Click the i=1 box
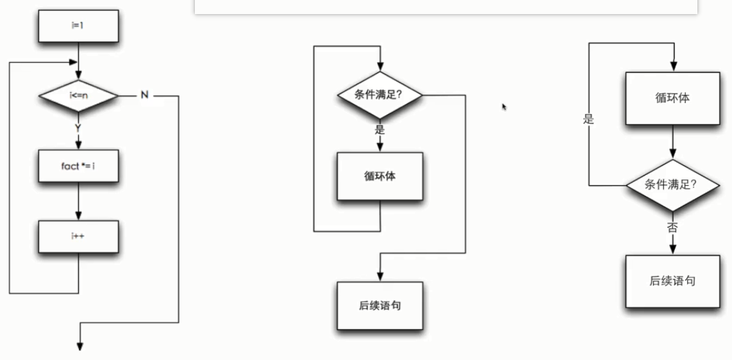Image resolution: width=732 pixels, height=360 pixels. pos(78,26)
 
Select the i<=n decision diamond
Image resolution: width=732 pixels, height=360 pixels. pos(78,95)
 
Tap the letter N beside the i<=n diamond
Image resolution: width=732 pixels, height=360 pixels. pos(144,95)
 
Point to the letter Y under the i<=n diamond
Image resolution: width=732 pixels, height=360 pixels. pos(78,127)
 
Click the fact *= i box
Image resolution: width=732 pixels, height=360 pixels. pos(78,166)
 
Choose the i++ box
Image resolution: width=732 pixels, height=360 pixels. pos(78,236)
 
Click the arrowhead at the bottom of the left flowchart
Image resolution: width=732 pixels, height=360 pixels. pos(80,346)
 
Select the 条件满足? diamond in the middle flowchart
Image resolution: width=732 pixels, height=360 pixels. pos(380,95)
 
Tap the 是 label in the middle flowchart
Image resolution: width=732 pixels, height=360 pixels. pos(379,129)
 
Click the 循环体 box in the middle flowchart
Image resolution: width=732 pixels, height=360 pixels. pos(380,176)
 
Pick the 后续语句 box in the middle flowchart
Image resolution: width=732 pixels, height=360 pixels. pos(380,306)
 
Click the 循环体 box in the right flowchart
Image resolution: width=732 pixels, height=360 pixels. pos(672,99)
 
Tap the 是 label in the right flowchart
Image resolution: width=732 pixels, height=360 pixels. pos(589,120)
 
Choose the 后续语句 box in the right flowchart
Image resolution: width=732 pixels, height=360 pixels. pos(672,281)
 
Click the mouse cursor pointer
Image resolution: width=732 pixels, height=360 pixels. pos(504,107)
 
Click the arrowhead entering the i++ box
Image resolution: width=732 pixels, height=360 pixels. pos(78,216)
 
